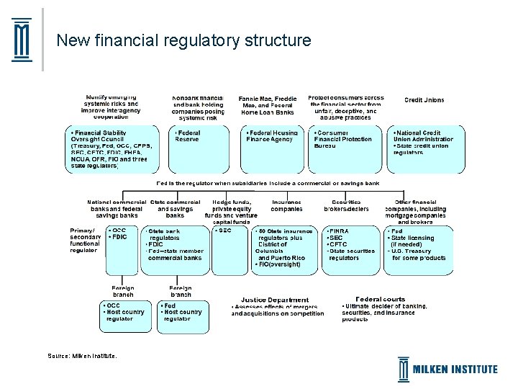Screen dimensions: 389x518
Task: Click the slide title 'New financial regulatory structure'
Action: pyautogui.click(x=183, y=40)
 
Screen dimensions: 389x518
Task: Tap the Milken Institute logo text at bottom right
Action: pyautogui.click(x=455, y=369)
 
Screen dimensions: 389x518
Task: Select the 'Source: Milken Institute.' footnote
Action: pyautogui.click(x=81, y=355)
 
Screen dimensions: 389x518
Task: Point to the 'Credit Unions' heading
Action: pyautogui.click(x=424, y=100)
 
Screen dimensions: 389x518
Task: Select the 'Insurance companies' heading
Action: pyautogui.click(x=286, y=205)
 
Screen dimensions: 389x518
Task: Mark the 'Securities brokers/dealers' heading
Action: pyautogui.click(x=346, y=205)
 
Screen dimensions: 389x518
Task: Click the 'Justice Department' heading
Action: pyautogui.click(x=276, y=300)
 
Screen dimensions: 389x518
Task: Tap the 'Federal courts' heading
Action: pyautogui.click(x=381, y=299)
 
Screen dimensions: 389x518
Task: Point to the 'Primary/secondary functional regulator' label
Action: pyautogui.click(x=86, y=240)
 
